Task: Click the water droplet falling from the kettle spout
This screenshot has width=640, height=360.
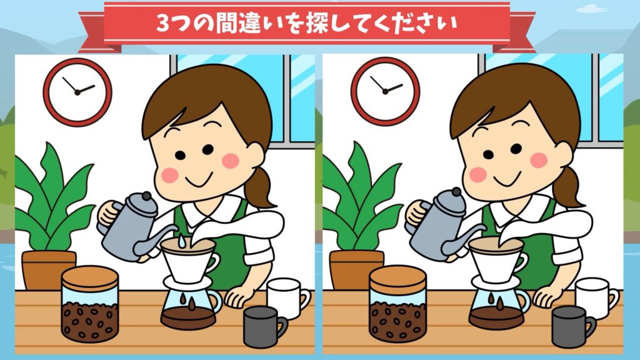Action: click(x=181, y=241)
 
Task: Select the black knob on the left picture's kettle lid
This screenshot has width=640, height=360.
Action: click(x=146, y=196)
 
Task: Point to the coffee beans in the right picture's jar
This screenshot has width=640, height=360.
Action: click(x=397, y=321)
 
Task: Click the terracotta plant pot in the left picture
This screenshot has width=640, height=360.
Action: click(x=49, y=270)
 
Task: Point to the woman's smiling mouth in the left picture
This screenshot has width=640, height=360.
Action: click(x=199, y=179)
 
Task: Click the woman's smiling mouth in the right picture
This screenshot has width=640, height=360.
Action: click(x=507, y=179)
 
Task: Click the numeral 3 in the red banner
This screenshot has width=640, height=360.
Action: click(x=163, y=24)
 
